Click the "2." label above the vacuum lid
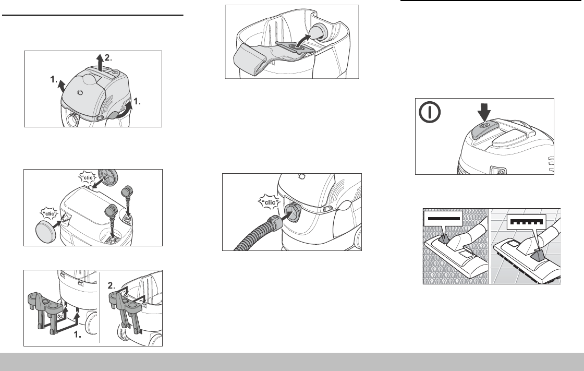tap(108, 56)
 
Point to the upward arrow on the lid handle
tap(98, 58)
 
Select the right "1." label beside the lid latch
tap(137, 103)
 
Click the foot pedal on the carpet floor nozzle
tap(443, 238)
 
